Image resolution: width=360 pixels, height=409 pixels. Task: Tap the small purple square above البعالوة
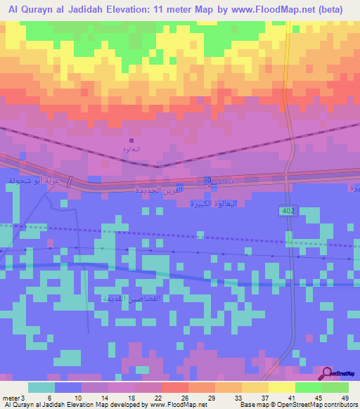(x=131, y=140)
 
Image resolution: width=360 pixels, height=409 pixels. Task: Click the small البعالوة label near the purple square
(x=131, y=149)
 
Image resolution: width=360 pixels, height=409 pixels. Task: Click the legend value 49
(x=345, y=398)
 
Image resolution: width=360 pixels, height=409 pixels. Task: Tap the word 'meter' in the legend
(x=10, y=398)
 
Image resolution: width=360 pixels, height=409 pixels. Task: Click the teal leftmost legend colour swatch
(x=41, y=387)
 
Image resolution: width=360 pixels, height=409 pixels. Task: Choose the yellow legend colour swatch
(x=281, y=387)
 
